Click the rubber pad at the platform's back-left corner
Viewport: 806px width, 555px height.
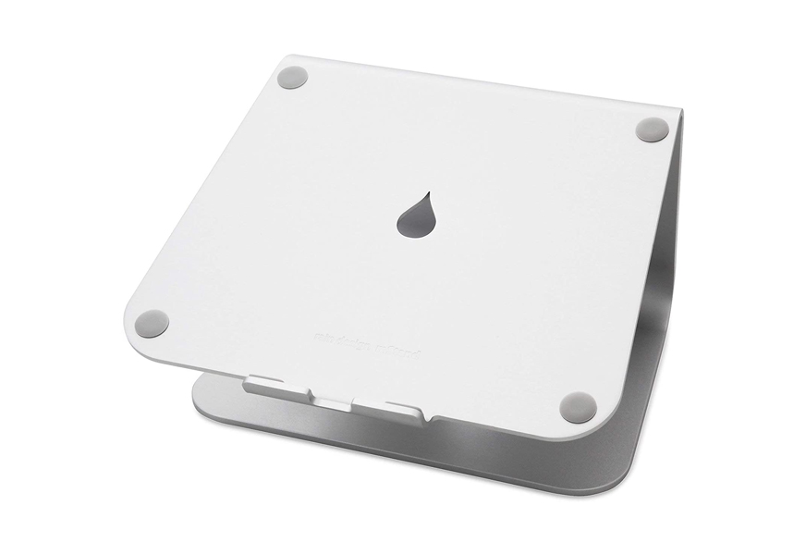(x=295, y=78)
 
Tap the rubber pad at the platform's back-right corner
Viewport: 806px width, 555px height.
(x=652, y=129)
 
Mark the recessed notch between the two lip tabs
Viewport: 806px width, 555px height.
(x=333, y=399)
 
